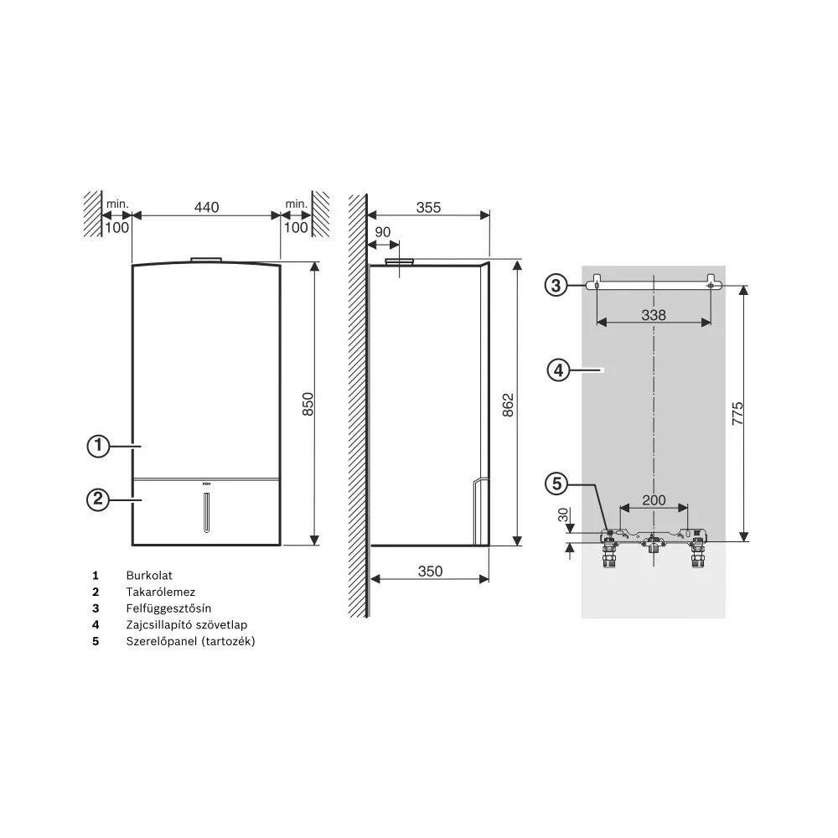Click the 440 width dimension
pos(206,207)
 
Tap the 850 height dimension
pos(308,404)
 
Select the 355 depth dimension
pos(428,207)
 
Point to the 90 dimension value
pos(383,232)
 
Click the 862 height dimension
pos(508,405)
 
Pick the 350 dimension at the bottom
pos(430,572)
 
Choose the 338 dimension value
pos(654,315)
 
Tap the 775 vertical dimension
pos(737,413)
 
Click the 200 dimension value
pos(654,499)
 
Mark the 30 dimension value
pos(563,515)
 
